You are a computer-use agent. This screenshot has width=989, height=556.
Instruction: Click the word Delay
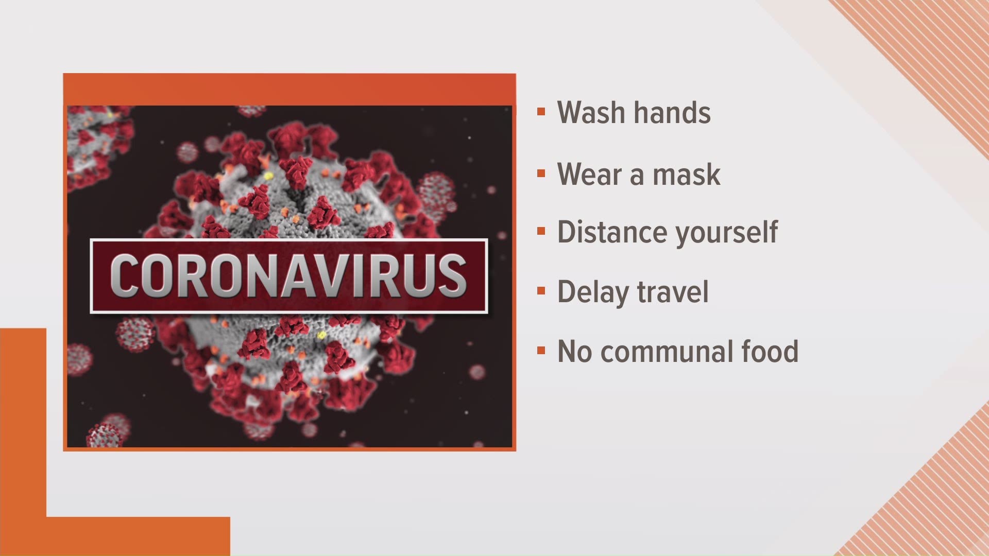pos(592,292)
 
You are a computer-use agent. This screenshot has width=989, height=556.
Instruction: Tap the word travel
pos(673,291)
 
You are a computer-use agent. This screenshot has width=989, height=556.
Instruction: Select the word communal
pos(667,352)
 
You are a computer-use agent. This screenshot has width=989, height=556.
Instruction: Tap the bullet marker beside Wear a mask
pos(541,173)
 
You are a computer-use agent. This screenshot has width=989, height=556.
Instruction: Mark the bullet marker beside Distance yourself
pos(541,231)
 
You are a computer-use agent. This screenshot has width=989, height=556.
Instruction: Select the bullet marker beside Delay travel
pos(541,291)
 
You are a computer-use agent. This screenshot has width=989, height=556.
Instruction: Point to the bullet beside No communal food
pos(541,351)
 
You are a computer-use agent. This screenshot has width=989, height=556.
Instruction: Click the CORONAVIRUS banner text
pos(288,276)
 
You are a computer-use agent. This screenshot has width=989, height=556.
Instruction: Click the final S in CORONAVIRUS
pos(450,276)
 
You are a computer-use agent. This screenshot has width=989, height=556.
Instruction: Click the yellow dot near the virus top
pos(268,176)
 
